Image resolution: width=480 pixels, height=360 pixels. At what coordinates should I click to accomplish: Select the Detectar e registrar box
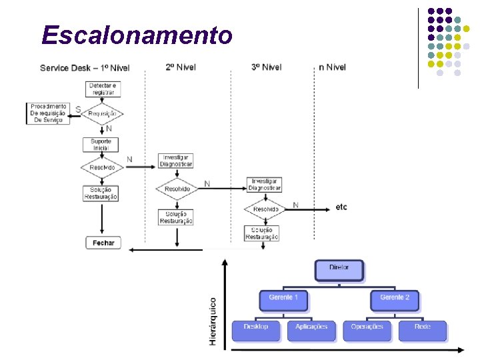[x=102, y=89]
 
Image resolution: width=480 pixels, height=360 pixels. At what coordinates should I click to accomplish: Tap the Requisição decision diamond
[x=102, y=113]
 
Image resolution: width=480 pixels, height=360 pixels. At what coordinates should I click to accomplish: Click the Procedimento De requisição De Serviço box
[x=48, y=113]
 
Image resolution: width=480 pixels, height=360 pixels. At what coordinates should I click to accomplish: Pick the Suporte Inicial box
[x=101, y=145]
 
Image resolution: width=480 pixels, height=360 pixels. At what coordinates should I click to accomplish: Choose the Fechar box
[x=103, y=243]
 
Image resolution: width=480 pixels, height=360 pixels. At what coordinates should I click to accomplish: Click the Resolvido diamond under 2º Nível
[x=177, y=189]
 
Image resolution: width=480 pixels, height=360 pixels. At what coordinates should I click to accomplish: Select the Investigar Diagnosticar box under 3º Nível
[x=265, y=185]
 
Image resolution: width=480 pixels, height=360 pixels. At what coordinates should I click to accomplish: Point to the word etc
[x=341, y=207]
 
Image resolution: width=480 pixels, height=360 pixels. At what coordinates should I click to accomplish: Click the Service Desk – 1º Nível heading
[x=85, y=67]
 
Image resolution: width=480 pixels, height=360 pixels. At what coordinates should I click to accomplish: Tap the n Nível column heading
[x=332, y=67]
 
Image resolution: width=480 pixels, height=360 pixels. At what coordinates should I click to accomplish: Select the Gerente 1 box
[x=283, y=299]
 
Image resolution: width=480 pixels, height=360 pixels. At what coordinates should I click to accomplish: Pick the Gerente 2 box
[x=395, y=299]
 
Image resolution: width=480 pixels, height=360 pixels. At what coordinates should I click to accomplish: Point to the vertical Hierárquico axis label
[x=213, y=321]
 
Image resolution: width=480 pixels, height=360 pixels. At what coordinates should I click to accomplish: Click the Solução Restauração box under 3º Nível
[x=262, y=233]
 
